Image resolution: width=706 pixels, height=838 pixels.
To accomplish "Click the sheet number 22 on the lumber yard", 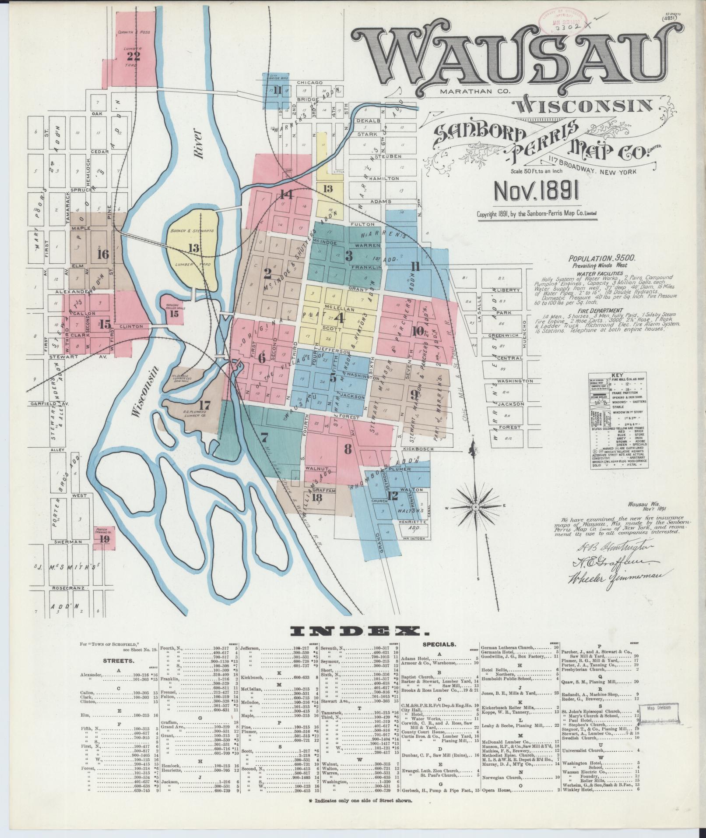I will click(x=133, y=56).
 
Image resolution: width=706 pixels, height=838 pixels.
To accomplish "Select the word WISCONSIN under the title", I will click(x=582, y=105).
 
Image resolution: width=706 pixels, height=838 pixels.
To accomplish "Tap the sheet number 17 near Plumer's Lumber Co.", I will click(x=204, y=404).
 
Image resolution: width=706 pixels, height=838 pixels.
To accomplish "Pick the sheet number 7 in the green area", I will click(x=263, y=437).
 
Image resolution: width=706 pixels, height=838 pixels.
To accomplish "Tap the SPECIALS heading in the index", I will click(x=439, y=645).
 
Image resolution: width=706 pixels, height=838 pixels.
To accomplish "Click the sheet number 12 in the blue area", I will click(x=392, y=495).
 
